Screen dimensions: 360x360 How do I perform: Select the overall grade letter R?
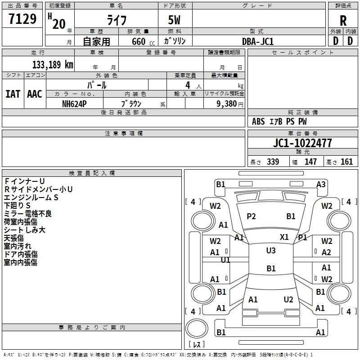pyautogui.click(x=343, y=21)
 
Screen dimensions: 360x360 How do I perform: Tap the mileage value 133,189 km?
pyautogui.click(x=53, y=65)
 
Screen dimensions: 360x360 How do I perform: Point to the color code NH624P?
pyautogui.click(x=74, y=103)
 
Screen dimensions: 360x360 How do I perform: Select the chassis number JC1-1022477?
pyautogui.click(x=302, y=143)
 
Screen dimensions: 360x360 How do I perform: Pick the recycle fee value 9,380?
pyautogui.click(x=224, y=103)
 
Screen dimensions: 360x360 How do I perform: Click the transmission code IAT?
pyautogui.click(x=13, y=94)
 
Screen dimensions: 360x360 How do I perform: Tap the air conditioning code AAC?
pyautogui.click(x=35, y=94)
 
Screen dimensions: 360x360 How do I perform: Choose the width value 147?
pyautogui.click(x=310, y=162)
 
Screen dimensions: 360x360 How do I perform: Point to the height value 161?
pyautogui.click(x=346, y=162)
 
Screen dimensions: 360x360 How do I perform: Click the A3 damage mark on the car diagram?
pyautogui.click(x=321, y=184)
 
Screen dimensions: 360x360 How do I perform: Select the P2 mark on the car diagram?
pyautogui.click(x=251, y=216)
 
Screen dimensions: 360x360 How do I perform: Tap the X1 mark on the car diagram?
pyautogui.click(x=284, y=237)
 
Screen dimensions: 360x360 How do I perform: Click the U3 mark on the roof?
pyautogui.click(x=271, y=251)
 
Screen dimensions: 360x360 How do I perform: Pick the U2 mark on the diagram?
pyautogui.click(x=288, y=300)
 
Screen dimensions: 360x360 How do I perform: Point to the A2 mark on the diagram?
pyautogui.click(x=326, y=252)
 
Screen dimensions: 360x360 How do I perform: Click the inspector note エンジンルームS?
pyautogui.click(x=31, y=198)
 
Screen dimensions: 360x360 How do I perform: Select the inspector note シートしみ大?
pyautogui.click(x=25, y=230)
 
